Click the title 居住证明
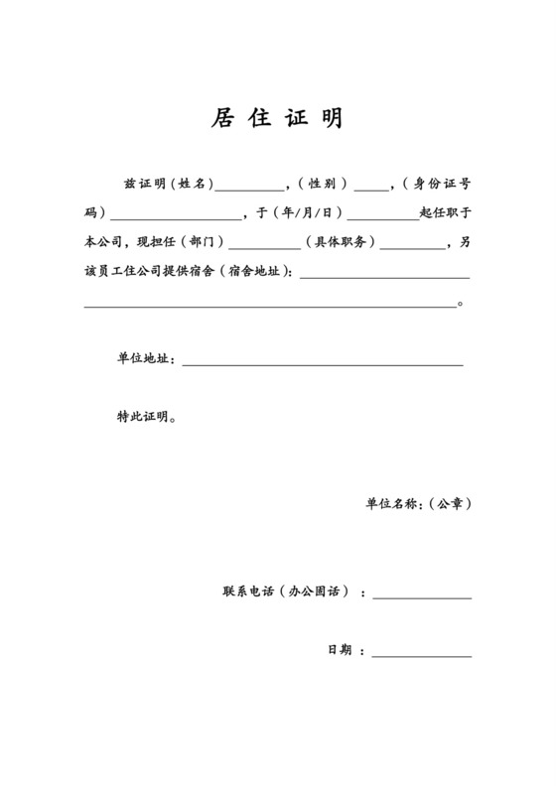pyautogui.click(x=277, y=119)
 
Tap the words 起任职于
pyautogui.click(x=445, y=212)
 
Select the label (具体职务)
pyautogui.click(x=341, y=241)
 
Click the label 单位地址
pyautogui.click(x=145, y=359)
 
